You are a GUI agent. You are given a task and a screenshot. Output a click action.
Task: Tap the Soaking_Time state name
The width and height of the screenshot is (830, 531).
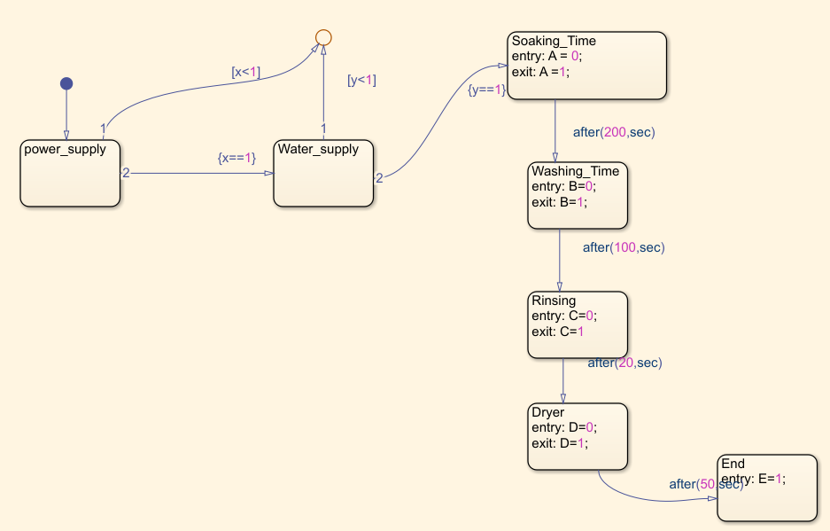[x=555, y=41]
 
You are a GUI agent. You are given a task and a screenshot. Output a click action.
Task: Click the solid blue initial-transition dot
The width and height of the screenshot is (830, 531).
[x=66, y=83]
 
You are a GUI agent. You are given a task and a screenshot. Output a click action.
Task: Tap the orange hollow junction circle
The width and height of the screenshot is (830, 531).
[x=323, y=37]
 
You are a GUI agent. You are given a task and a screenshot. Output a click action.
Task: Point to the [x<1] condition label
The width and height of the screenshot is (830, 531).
[x=246, y=73]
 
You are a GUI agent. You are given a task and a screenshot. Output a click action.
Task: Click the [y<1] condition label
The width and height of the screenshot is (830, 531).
[x=361, y=80]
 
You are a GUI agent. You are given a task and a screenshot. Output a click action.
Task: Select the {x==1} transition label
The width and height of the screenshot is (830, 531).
[x=237, y=157]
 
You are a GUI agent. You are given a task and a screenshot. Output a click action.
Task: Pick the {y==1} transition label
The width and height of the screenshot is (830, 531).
[x=486, y=90]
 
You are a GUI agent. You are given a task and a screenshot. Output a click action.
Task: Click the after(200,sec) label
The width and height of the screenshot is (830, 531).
[x=614, y=132]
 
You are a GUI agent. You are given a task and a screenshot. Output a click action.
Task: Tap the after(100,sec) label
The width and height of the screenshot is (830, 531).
[x=624, y=247]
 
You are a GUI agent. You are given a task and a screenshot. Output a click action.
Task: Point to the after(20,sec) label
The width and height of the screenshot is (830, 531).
[x=624, y=363]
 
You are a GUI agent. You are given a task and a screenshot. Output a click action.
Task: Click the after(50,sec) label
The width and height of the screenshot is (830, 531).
[x=706, y=484]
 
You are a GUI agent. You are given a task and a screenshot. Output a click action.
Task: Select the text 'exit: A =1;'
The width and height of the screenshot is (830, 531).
[x=540, y=73]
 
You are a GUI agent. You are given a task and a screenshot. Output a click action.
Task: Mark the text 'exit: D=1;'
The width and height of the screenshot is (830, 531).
[x=559, y=443]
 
